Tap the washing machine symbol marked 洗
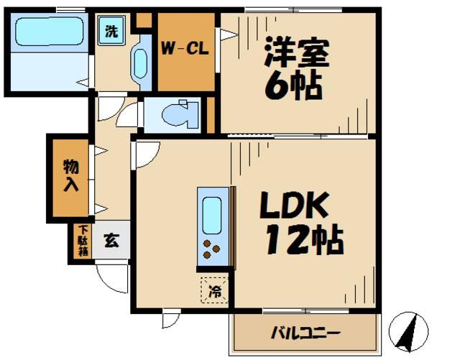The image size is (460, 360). click(111, 32)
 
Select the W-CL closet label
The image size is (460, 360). click(184, 50)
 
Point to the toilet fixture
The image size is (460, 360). click(176, 115)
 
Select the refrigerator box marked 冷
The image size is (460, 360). click(214, 290)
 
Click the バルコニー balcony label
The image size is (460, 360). click(305, 333)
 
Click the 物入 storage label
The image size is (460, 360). click(70, 176)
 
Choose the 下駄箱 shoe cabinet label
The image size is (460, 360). click(83, 241)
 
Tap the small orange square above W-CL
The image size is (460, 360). click(144, 20)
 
